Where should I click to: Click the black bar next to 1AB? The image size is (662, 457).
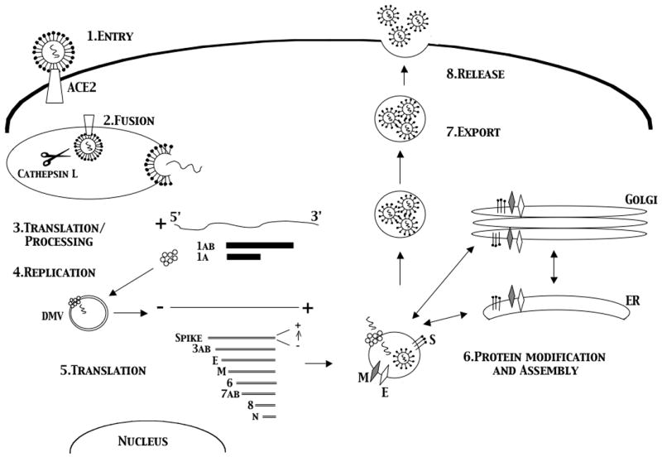(x=259, y=245)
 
